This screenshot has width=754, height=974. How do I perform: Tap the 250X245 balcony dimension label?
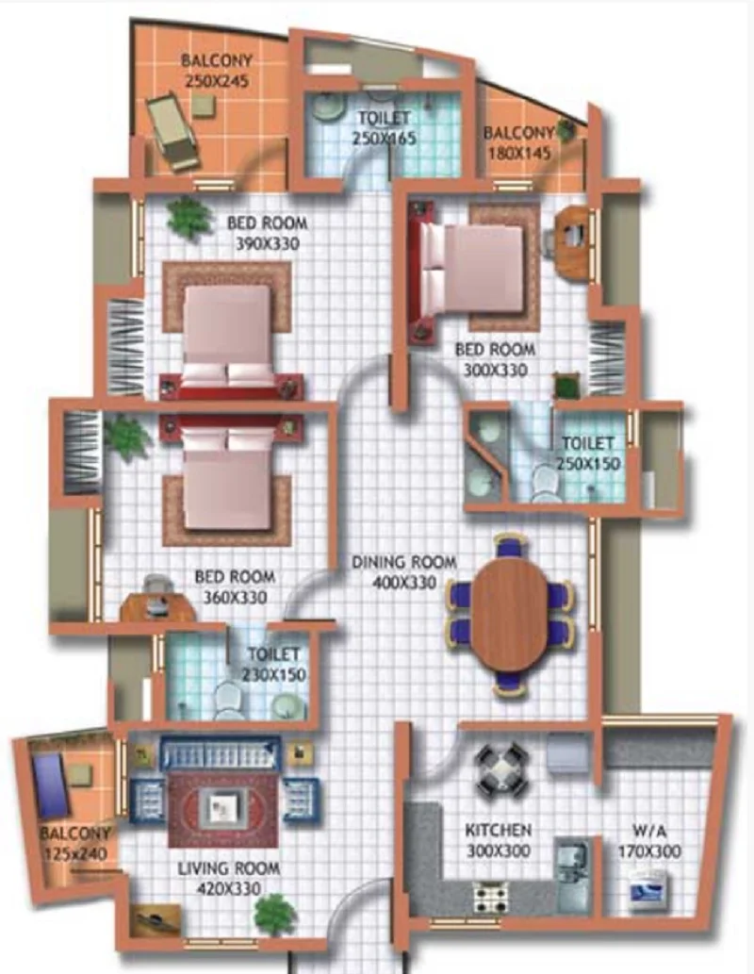pos(217,81)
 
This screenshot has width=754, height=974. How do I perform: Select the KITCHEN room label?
pos(499,830)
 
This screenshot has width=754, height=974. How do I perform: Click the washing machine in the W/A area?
pos(648,891)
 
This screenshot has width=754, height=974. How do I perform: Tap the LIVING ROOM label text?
pos(229,867)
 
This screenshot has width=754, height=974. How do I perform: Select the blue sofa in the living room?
pos(220,754)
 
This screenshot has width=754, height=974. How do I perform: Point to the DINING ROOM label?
pos(404,562)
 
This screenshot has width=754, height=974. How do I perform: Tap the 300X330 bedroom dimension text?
pos(496,371)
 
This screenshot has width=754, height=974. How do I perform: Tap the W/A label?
pos(649,831)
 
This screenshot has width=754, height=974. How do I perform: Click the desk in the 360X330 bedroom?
pos(157,607)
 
